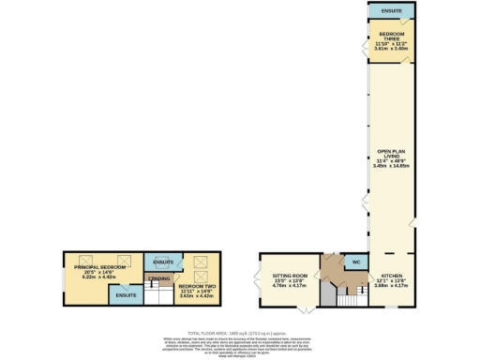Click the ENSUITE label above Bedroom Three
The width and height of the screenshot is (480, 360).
(x=391, y=10)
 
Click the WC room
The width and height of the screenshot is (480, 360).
(x=355, y=262)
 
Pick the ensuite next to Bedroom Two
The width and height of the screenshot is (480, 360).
(x=164, y=262)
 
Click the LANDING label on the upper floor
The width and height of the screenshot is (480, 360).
(x=159, y=278)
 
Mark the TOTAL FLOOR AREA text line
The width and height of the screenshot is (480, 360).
(x=240, y=331)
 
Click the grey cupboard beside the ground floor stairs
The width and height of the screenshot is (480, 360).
(x=325, y=296)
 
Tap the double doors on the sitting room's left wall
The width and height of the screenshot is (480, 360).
(x=260, y=278)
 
